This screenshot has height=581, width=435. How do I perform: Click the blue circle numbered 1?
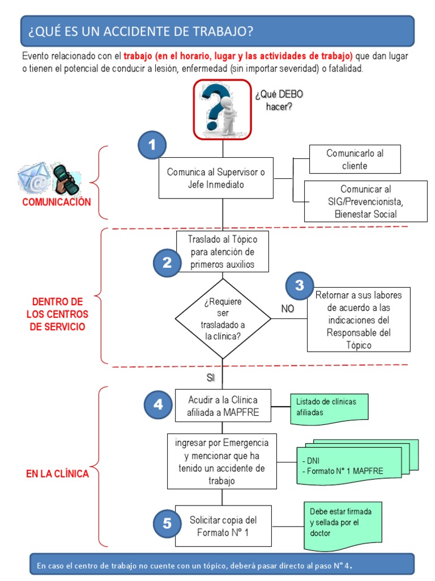click(152, 146)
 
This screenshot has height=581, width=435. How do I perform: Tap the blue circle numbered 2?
click(167, 263)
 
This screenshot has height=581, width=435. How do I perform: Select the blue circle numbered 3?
click(300, 286)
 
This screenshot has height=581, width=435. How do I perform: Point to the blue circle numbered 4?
click(158, 405)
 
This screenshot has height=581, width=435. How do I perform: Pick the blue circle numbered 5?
click(167, 524)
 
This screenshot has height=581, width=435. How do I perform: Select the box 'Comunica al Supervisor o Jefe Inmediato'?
click(216, 178)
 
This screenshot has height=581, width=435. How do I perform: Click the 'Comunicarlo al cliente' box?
click(355, 159)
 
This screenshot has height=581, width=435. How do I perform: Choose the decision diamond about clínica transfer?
click(223, 319)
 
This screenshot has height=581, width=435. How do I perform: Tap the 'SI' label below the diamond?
click(211, 378)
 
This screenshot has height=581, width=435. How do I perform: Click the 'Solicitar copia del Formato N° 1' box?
click(223, 526)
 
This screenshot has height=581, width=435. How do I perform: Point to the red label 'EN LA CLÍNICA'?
click(57, 474)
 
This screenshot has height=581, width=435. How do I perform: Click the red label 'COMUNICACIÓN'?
click(57, 203)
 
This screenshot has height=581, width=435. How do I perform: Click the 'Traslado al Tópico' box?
click(222, 251)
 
